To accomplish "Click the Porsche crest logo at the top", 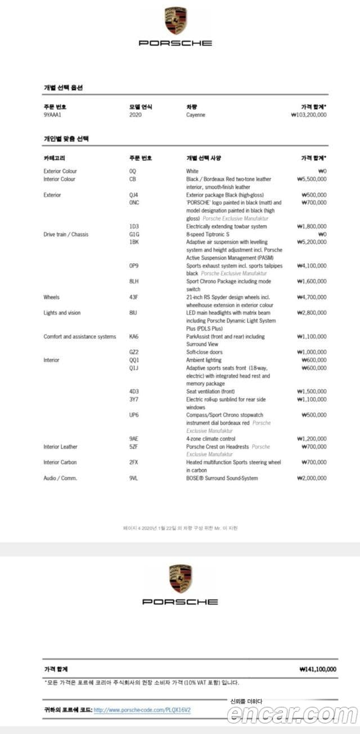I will click(x=175, y=21).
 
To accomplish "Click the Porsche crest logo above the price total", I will click(x=180, y=579).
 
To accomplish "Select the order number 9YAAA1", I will click(x=52, y=115).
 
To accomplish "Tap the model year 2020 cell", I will click(x=135, y=115).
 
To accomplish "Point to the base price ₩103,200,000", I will click(x=309, y=115).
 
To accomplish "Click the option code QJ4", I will click(x=133, y=195).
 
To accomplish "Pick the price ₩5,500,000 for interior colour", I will click(x=311, y=179).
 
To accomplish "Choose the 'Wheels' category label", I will click(x=51, y=297).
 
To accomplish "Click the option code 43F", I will click(x=133, y=297).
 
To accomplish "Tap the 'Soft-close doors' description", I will click(x=204, y=352).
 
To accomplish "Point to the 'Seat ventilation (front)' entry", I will click(x=210, y=391).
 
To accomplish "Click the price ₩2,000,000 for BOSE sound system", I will click(x=312, y=478).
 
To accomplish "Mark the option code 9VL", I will click(x=133, y=478).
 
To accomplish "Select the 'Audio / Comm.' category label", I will click(x=60, y=478).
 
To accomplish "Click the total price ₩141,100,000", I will click(x=318, y=669).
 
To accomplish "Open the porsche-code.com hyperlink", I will click(x=142, y=710).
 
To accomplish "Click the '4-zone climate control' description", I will click(x=211, y=439).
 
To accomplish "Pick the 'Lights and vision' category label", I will click(x=62, y=313).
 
